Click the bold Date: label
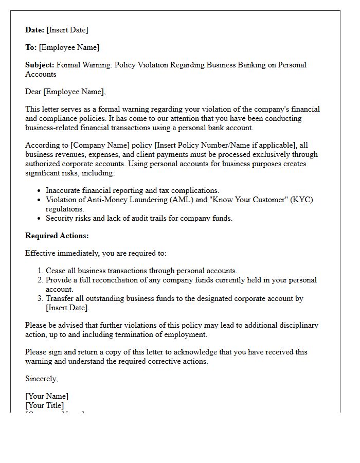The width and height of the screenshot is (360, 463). tap(35, 30)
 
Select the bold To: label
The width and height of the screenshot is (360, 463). tap(31, 47)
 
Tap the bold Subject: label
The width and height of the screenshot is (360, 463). tap(40, 65)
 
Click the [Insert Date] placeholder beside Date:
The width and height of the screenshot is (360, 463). tap(67, 30)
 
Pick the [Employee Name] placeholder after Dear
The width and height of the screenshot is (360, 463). tap(74, 92)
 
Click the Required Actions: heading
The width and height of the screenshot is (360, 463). tap(57, 236)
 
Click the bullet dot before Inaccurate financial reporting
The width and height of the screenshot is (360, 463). tap(39, 191)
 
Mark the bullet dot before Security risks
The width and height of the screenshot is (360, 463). tap(39, 219)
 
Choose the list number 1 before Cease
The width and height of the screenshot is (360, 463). tap(40, 271)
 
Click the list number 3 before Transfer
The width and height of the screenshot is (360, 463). tap(40, 298)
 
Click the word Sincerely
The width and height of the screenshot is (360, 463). tap(42, 379)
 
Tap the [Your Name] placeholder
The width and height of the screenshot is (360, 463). tap(47, 396)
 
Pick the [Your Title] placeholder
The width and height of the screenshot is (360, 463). tap(45, 405)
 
